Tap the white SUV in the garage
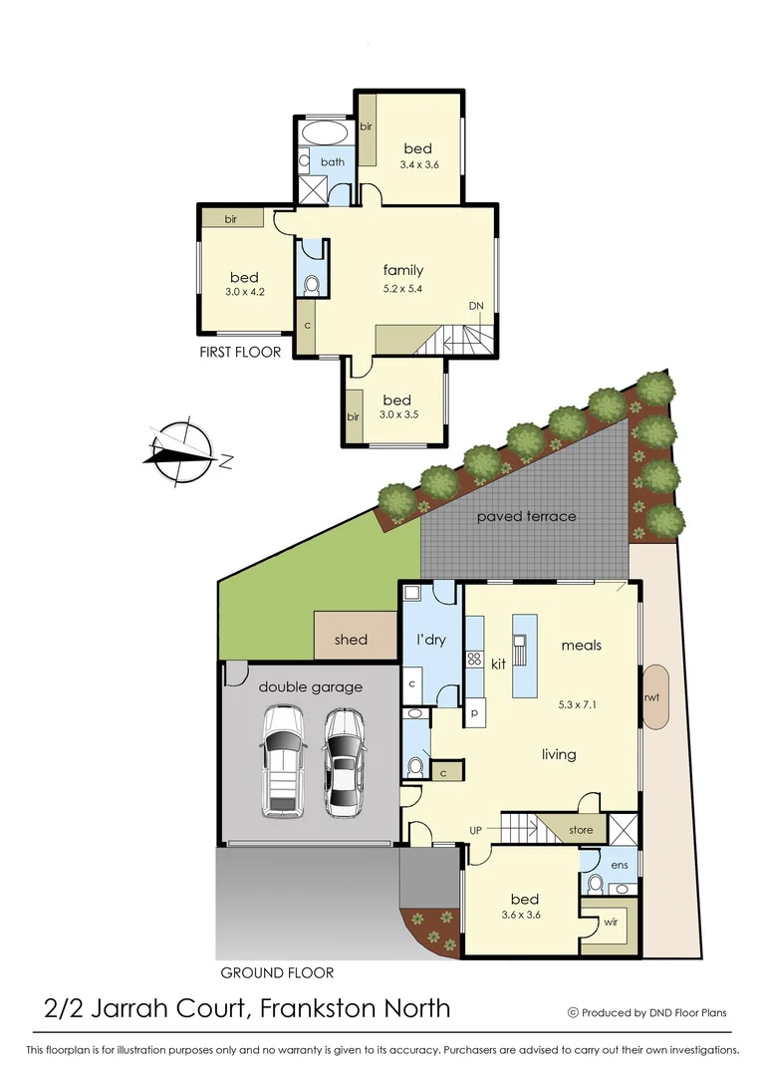(281, 761)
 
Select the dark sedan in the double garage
(345, 761)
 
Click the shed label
(351, 640)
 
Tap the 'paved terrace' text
(526, 516)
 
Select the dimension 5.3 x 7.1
(579, 702)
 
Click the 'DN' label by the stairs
(476, 307)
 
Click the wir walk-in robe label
(610, 923)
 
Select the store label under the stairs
(580, 829)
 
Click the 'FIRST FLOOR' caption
(240, 352)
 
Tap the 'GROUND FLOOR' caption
(276, 972)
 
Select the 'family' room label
(403, 270)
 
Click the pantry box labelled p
(474, 714)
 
